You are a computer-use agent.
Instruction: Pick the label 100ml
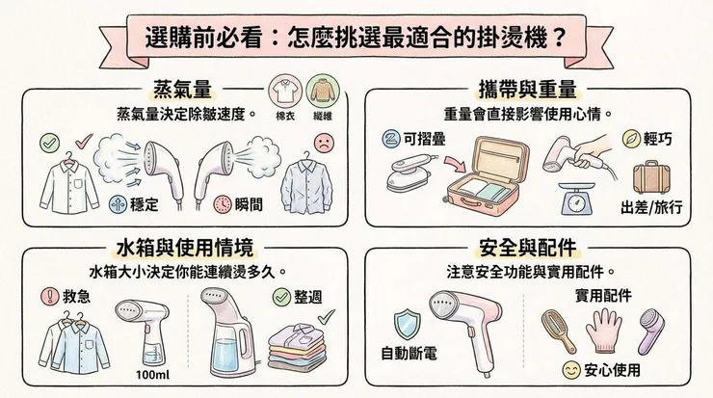[154, 373]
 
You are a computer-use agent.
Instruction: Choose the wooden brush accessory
[562, 330]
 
